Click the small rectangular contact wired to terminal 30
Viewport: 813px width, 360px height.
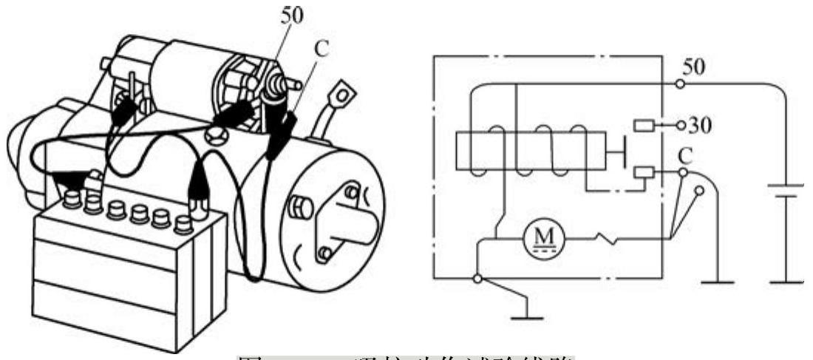[644, 126]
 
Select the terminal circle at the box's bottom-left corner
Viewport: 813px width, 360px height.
[478, 279]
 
